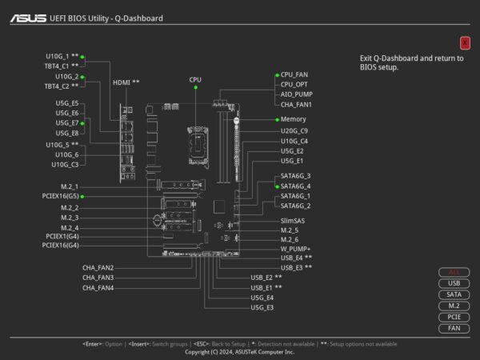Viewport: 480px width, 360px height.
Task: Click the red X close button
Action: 465,42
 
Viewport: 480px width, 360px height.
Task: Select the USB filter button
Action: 454,283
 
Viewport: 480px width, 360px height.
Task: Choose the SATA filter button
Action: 454,294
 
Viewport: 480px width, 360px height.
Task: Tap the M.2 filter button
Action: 454,306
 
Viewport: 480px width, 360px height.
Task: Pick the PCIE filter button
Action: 454,317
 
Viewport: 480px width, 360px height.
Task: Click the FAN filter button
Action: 454,328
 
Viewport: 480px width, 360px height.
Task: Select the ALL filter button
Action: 454,272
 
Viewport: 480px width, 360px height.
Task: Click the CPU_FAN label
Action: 294,74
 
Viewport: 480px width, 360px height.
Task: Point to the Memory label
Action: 293,119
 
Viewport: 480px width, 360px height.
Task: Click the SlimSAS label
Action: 294,219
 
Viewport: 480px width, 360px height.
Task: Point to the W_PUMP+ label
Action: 295,249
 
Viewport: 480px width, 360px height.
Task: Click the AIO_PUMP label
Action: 296,94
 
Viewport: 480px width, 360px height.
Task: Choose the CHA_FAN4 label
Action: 98,287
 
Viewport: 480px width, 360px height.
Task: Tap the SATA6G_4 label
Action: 295,186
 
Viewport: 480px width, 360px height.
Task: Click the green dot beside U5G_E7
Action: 82,123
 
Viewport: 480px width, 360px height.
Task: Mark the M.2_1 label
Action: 70,186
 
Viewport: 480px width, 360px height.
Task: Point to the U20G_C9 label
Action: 294,130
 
